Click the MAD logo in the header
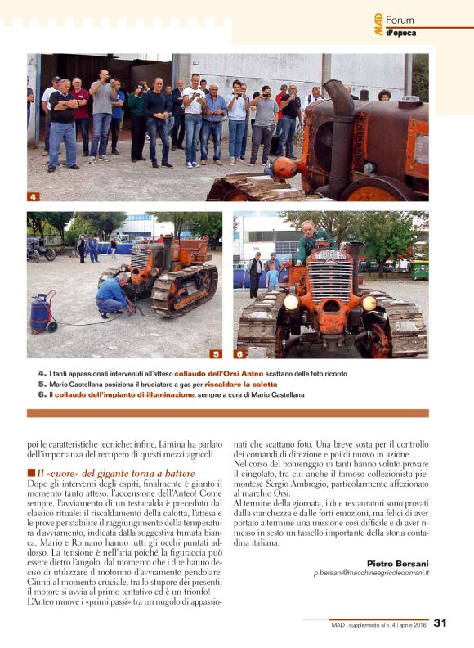tap(378, 24)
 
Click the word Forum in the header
tap(400, 19)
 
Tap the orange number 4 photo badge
tap(33, 197)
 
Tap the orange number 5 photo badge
tap(216, 354)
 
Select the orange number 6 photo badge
tap(239, 354)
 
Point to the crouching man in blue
tap(113, 295)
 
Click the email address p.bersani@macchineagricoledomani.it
tap(371, 574)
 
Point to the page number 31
tap(440, 623)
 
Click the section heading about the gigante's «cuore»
tap(115, 473)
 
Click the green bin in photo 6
tap(419, 270)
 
